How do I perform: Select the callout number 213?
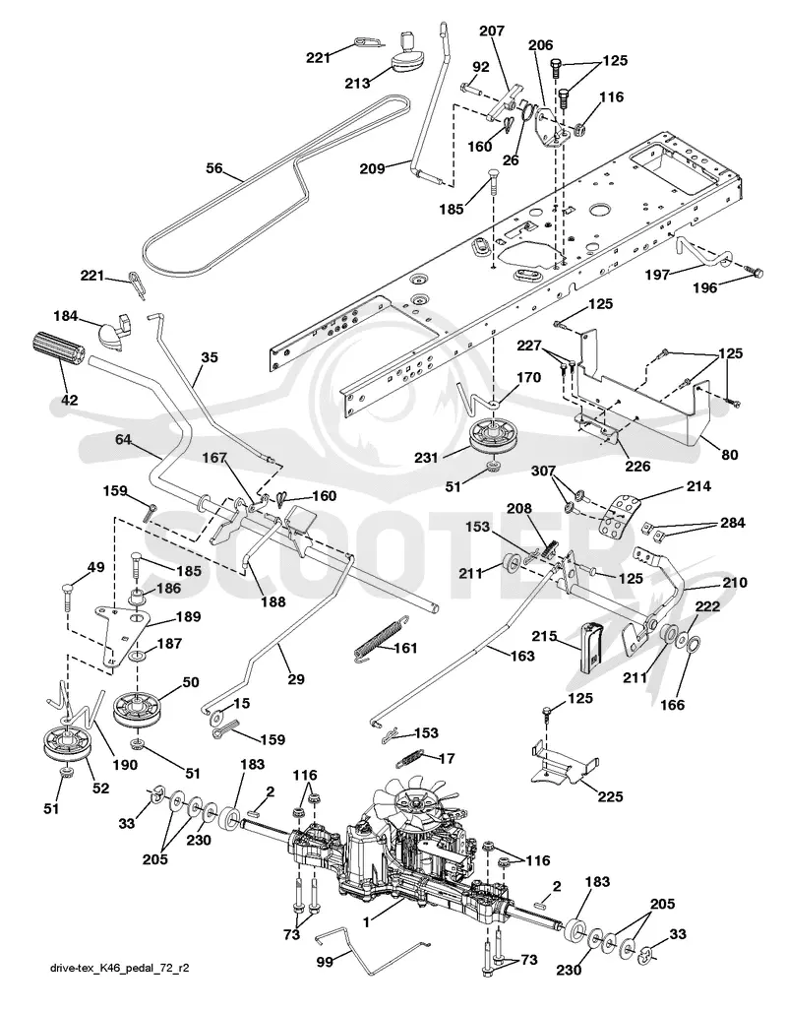357,83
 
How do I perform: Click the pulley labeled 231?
493,438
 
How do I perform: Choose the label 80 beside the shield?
730,455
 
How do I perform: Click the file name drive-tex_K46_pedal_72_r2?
119,968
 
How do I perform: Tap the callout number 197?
658,274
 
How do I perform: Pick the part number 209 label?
372,168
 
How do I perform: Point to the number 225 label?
610,797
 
